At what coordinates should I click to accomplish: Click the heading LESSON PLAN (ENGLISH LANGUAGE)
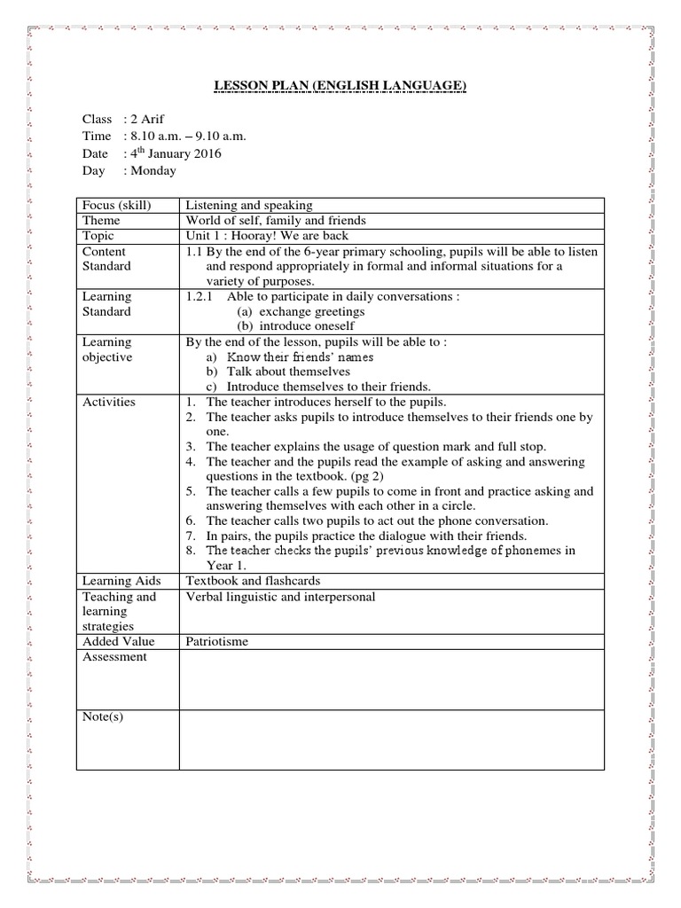[x=340, y=85]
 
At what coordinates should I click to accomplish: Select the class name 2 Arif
[x=147, y=119]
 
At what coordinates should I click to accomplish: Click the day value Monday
[x=153, y=170]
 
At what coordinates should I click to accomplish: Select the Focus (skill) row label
[x=116, y=205]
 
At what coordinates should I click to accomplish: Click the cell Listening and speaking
[x=248, y=205]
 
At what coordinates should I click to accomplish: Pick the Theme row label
[x=101, y=220]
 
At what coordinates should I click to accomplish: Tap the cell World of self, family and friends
[x=275, y=220]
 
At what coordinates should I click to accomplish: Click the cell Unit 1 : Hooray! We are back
[x=267, y=236]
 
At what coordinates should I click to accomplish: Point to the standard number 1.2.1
[x=199, y=296]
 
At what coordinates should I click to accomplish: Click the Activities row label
[x=109, y=402]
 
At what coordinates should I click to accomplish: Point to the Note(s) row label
[x=103, y=716]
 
